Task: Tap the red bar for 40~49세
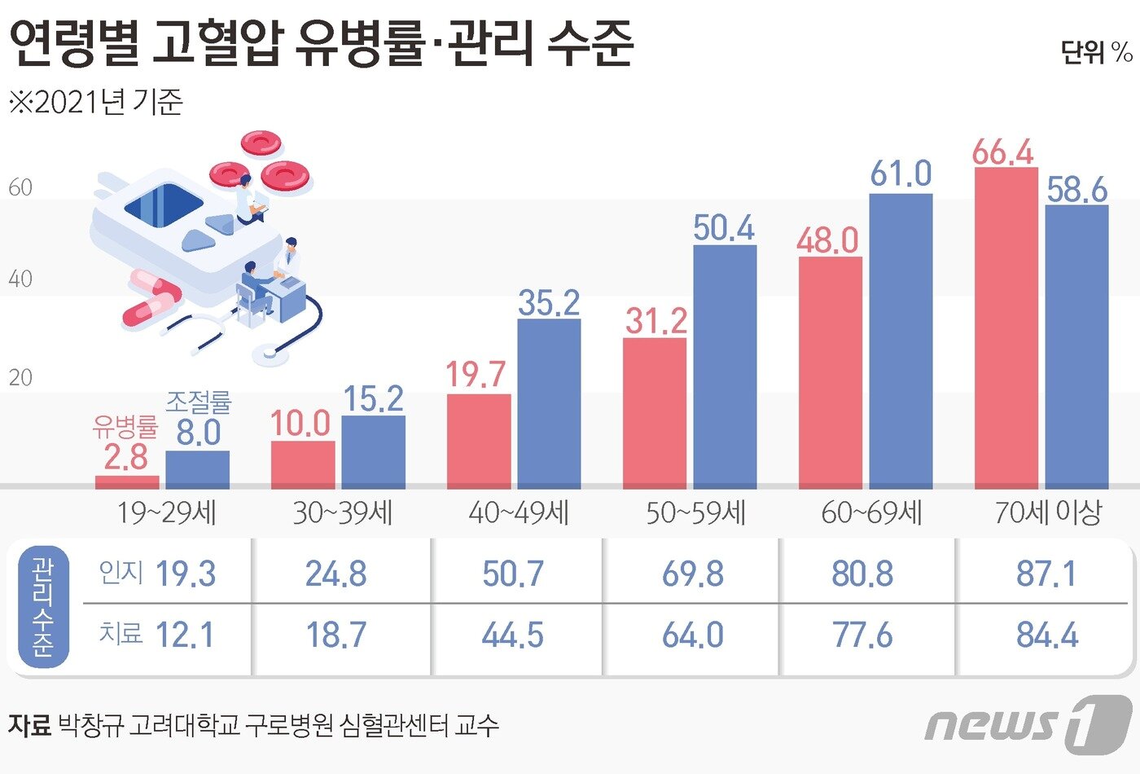point(479,441)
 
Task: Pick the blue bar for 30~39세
point(373,451)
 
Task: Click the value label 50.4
point(724,228)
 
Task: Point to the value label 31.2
point(655,321)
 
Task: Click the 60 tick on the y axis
point(20,188)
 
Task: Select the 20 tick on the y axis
point(20,378)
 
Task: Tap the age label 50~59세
point(695,513)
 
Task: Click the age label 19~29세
point(167,513)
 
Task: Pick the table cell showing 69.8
point(692,574)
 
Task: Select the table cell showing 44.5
point(512,635)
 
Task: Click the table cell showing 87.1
point(1046,574)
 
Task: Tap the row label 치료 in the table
point(121,634)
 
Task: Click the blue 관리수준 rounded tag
point(43,606)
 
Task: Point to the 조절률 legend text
point(199,402)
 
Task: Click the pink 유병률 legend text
point(125,426)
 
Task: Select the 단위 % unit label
point(1096,52)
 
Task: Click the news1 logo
point(1028,723)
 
